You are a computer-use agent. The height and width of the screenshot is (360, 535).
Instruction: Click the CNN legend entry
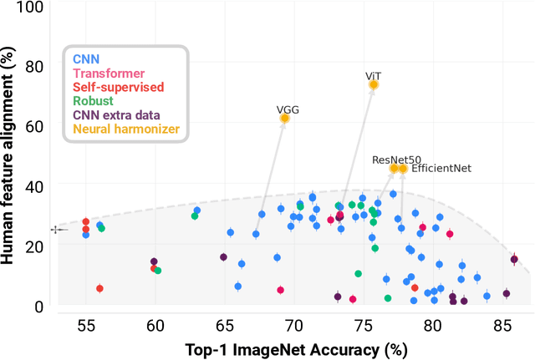[84, 59]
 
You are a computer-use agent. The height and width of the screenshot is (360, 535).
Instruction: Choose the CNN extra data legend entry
[115, 114]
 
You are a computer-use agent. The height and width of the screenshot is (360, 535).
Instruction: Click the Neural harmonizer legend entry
[126, 129]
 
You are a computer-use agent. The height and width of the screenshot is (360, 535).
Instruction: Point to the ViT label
[374, 75]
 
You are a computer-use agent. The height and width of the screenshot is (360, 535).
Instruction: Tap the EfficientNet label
[442, 168]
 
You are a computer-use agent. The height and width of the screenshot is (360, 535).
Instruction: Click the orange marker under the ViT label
[374, 85]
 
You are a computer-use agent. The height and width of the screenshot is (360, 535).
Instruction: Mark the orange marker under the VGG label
[284, 119]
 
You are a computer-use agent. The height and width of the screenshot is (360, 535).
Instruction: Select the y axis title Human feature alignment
[10, 157]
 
